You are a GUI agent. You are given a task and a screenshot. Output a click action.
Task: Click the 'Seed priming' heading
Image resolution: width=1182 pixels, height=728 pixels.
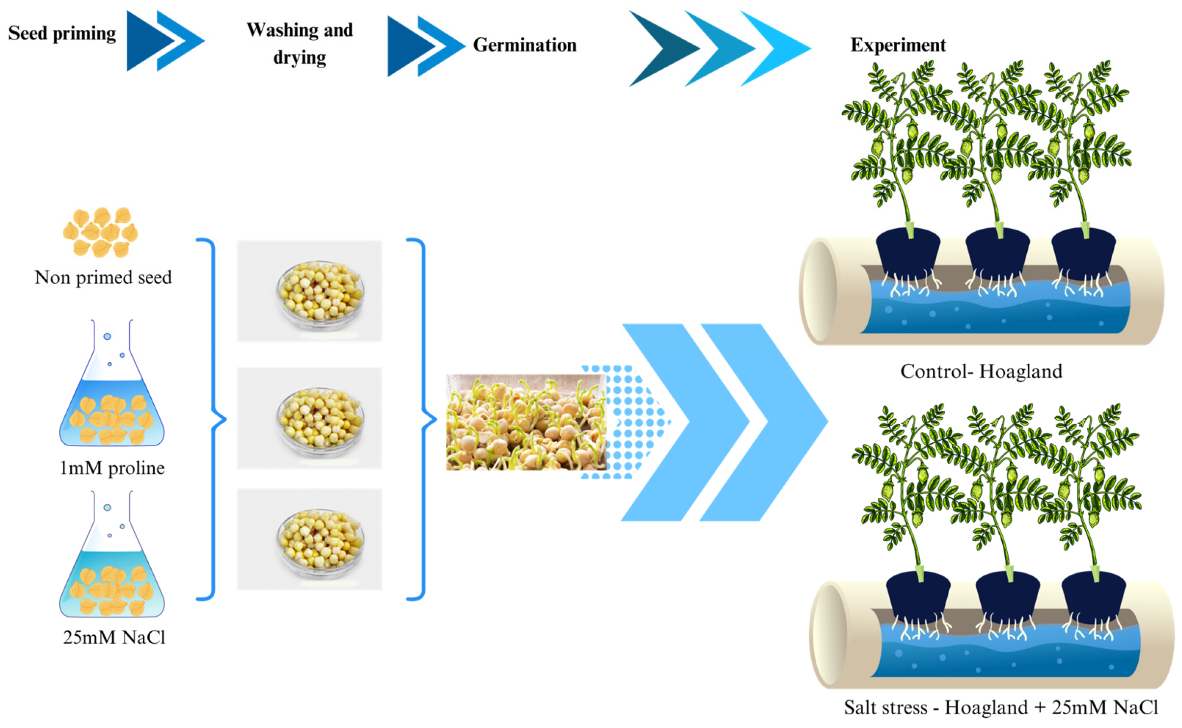pos(62,33)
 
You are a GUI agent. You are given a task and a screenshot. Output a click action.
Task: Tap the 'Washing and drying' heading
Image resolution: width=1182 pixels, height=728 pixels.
pos(300,43)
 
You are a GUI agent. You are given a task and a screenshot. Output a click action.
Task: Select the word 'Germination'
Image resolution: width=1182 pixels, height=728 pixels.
pos(524,45)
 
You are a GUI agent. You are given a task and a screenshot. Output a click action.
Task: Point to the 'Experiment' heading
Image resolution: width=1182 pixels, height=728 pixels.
pos(898,45)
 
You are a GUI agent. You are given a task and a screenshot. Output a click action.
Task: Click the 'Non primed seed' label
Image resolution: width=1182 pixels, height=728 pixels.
pos(103,277)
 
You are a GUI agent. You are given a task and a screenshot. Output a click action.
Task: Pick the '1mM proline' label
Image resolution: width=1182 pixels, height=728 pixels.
pos(112,468)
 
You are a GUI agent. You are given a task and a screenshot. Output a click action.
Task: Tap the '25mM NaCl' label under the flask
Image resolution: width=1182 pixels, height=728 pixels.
pos(114,637)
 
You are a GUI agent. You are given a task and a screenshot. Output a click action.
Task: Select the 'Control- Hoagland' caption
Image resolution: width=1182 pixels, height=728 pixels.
pos(981,371)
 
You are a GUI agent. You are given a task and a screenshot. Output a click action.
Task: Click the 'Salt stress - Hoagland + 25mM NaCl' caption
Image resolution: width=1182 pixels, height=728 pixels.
pos(1001,707)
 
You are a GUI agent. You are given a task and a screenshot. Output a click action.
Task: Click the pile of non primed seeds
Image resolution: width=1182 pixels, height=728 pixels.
pos(101,232)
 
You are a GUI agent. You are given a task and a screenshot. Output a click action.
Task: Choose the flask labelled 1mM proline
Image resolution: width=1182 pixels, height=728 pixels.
pos(112,383)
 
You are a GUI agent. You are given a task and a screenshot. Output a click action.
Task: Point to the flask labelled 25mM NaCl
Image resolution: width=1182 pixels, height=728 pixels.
pos(112,554)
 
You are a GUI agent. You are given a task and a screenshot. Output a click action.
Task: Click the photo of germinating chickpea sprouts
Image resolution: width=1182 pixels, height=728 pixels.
pos(526,422)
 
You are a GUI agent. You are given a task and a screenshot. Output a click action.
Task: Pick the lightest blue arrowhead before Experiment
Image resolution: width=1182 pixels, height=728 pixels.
pos(775,49)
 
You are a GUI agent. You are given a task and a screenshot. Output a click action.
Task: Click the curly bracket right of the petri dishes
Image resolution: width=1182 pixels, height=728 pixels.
pos(421,419)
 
